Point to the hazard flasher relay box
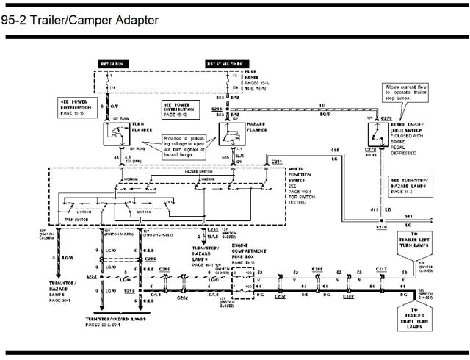pos(234,135)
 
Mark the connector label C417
pos(382,270)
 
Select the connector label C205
pos(317,270)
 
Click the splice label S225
pos(93,278)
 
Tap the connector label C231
pos(277,161)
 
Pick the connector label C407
pos(349,298)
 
